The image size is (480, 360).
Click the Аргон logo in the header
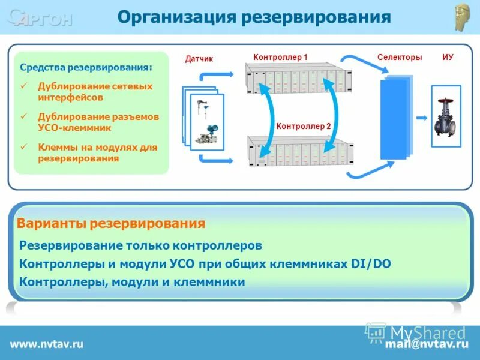click(x=40, y=18)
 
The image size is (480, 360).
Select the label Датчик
click(x=199, y=58)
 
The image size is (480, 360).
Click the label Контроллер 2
click(x=304, y=127)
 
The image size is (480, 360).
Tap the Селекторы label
click(x=400, y=57)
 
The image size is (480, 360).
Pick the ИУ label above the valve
click(x=448, y=57)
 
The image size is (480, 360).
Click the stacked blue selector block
click(x=396, y=118)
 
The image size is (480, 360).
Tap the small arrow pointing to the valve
click(x=422, y=118)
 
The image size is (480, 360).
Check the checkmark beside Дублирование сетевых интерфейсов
click(x=25, y=86)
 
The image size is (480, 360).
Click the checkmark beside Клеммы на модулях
click(x=25, y=146)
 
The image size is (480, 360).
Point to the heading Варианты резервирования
click(x=111, y=224)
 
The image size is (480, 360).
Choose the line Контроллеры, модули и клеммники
click(x=132, y=281)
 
